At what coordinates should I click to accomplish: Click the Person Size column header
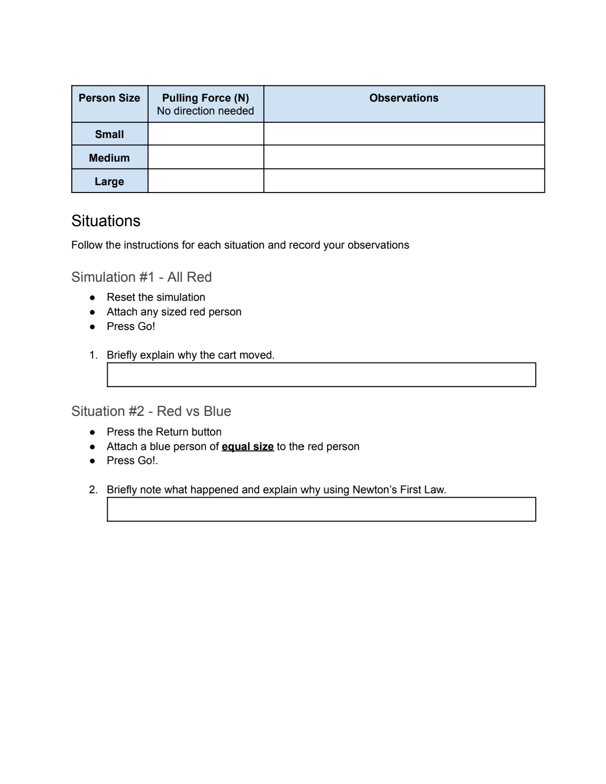(x=109, y=98)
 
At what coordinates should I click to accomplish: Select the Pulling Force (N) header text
(x=205, y=98)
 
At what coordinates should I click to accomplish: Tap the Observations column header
(x=403, y=98)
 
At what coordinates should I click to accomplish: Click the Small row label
(x=109, y=134)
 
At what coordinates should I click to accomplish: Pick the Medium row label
(x=109, y=158)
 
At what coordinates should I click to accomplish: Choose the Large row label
(x=109, y=181)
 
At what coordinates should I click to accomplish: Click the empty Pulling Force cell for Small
(x=205, y=134)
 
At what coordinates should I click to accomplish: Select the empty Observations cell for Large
(x=403, y=181)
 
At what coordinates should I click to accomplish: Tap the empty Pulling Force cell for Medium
(x=205, y=158)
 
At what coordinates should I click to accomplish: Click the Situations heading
(x=106, y=221)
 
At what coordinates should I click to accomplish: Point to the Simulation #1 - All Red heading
(x=141, y=277)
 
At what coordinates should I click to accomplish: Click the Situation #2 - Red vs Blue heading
(x=151, y=411)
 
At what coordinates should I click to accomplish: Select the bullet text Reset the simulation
(x=156, y=297)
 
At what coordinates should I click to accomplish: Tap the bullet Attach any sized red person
(x=174, y=312)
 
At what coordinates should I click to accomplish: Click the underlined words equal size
(x=247, y=447)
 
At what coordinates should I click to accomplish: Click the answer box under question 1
(x=321, y=375)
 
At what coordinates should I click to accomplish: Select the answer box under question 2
(x=321, y=510)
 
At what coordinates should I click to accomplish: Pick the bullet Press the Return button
(x=164, y=432)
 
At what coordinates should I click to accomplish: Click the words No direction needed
(x=205, y=111)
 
